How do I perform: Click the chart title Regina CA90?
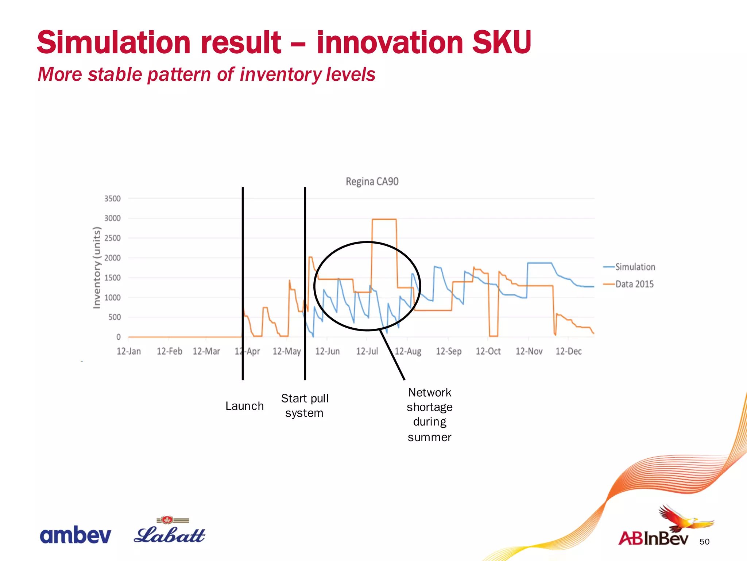(372, 182)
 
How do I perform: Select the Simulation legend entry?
(635, 267)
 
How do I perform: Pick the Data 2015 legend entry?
(634, 284)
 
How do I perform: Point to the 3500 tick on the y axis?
(112, 199)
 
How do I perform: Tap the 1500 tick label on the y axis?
(112, 278)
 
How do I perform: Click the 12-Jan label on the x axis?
(129, 351)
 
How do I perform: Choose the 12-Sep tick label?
(449, 351)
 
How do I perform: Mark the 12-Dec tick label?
(568, 351)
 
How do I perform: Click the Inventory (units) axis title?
(97, 268)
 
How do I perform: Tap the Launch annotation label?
(244, 406)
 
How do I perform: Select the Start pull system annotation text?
(305, 406)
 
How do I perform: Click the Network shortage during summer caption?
(430, 415)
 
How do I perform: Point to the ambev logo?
(76, 535)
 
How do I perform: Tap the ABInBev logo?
(654, 538)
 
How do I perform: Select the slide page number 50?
(704, 542)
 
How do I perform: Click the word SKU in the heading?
(502, 42)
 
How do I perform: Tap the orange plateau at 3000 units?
(384, 219)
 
